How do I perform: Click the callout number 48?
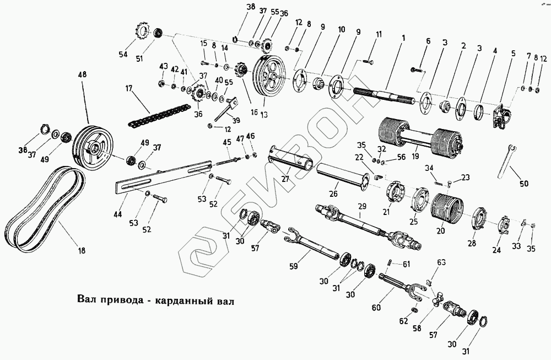83,74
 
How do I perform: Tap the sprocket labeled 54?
142,34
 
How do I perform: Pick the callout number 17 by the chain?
129,87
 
